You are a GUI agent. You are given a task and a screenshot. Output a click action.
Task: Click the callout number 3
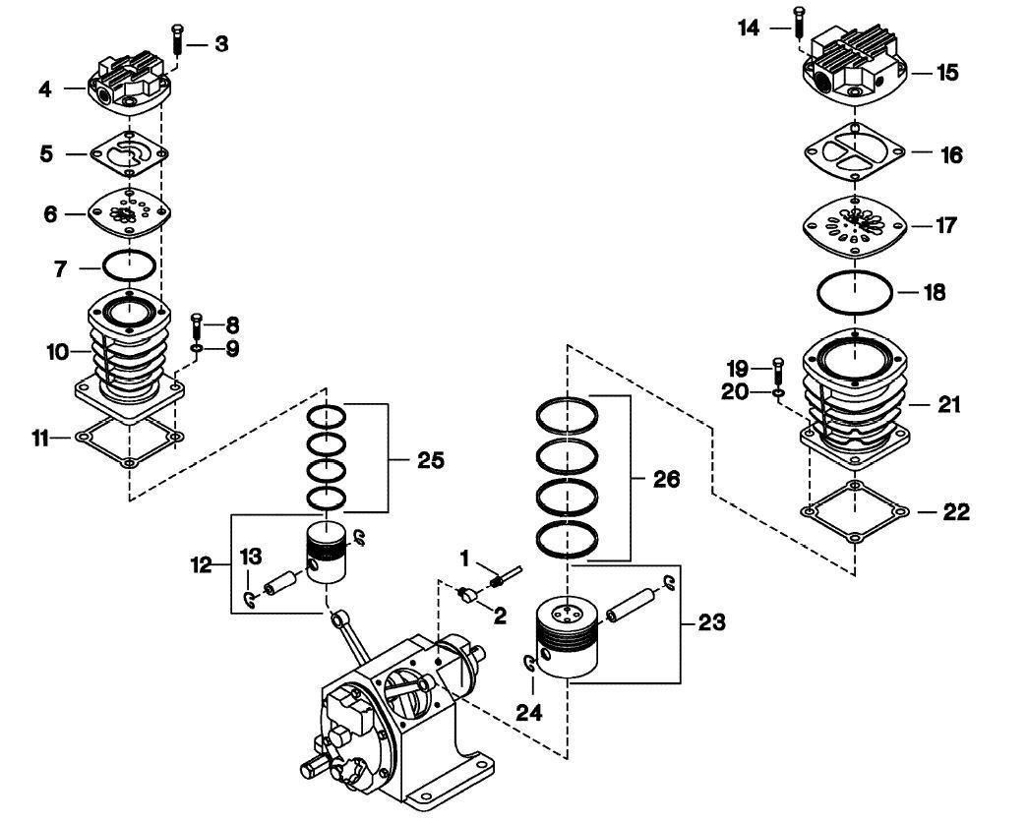coord(221,45)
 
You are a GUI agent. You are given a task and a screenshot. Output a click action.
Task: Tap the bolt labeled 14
coord(797,28)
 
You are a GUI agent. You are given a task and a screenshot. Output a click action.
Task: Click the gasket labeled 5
coord(129,153)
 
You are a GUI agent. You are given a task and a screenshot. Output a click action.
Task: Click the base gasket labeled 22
coord(855,512)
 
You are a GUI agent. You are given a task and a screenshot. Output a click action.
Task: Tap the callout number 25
coord(431,459)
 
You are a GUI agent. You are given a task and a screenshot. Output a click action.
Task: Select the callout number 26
coord(667,479)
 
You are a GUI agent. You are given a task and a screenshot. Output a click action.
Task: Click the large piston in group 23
coord(567,637)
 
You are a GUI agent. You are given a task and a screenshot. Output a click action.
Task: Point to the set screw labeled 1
coord(510,572)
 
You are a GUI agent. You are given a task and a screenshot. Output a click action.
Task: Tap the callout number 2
coord(500,617)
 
